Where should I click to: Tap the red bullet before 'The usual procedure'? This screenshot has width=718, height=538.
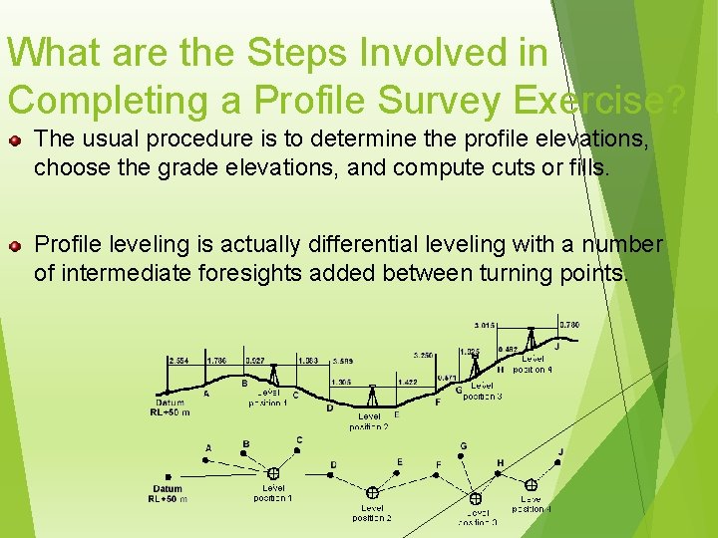point(15,141)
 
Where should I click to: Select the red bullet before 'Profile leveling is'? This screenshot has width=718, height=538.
point(15,244)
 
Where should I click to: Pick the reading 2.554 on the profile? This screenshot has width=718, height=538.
point(179,361)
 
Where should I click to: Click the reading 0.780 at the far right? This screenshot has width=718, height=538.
point(569,325)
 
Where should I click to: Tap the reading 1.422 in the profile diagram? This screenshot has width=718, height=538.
point(407,382)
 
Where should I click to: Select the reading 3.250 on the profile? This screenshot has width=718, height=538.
point(423,355)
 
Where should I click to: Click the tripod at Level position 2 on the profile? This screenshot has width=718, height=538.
point(372,396)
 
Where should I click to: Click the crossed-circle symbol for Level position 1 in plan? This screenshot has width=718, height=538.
point(272,474)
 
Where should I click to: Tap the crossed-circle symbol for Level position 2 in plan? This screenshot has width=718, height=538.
point(372,492)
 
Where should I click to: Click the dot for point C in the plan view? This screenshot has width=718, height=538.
point(298,451)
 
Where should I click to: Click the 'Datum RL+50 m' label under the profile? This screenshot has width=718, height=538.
point(170,407)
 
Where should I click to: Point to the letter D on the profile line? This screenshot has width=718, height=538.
point(330,407)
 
